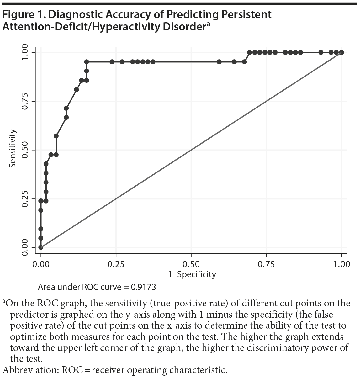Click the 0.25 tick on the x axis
(x=116, y=264)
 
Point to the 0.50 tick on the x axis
(x=191, y=264)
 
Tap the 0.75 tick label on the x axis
(x=266, y=264)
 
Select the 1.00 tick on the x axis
(x=341, y=264)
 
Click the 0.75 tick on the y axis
(x=25, y=101)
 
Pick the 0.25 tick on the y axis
(x=25, y=198)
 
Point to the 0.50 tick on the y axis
(x=25, y=150)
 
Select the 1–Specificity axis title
(x=192, y=274)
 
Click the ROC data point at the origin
(x=41, y=247)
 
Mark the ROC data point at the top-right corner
(x=341, y=52)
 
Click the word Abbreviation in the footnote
(x=29, y=370)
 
